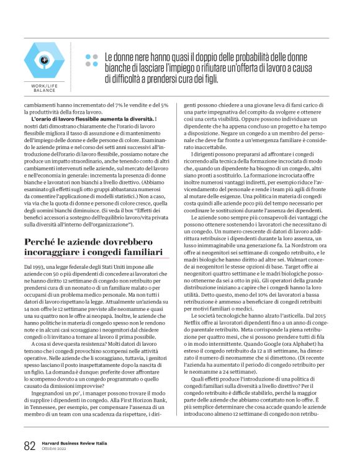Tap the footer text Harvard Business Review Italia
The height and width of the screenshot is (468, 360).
(74, 443)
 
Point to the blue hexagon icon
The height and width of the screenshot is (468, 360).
(44, 60)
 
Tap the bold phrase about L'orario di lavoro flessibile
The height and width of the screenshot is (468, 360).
(92, 118)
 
